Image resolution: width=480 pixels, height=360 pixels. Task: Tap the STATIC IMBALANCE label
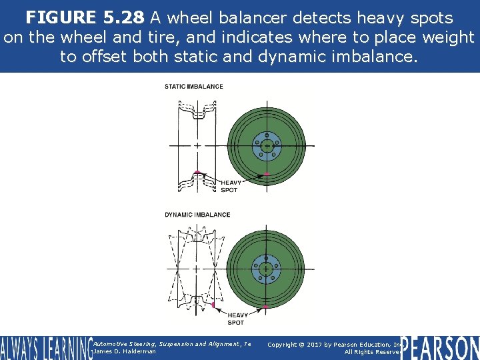point(194,86)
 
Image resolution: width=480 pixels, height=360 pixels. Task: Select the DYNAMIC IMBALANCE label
point(197,215)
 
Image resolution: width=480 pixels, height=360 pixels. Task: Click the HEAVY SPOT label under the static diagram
point(231,186)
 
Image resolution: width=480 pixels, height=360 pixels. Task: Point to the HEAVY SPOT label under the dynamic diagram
point(237,319)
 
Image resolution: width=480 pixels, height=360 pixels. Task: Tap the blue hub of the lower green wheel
point(267,269)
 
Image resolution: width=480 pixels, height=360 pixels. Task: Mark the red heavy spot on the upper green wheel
point(266,174)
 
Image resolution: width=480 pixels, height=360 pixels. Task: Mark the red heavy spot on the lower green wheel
point(266,306)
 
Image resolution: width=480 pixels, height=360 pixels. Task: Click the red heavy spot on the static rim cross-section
point(197,173)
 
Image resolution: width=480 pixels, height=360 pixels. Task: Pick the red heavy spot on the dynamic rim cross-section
point(213,305)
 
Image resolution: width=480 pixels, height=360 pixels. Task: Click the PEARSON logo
point(440,347)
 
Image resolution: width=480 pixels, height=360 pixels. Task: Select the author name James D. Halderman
point(125,351)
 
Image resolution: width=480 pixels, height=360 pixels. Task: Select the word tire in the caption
point(183,37)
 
